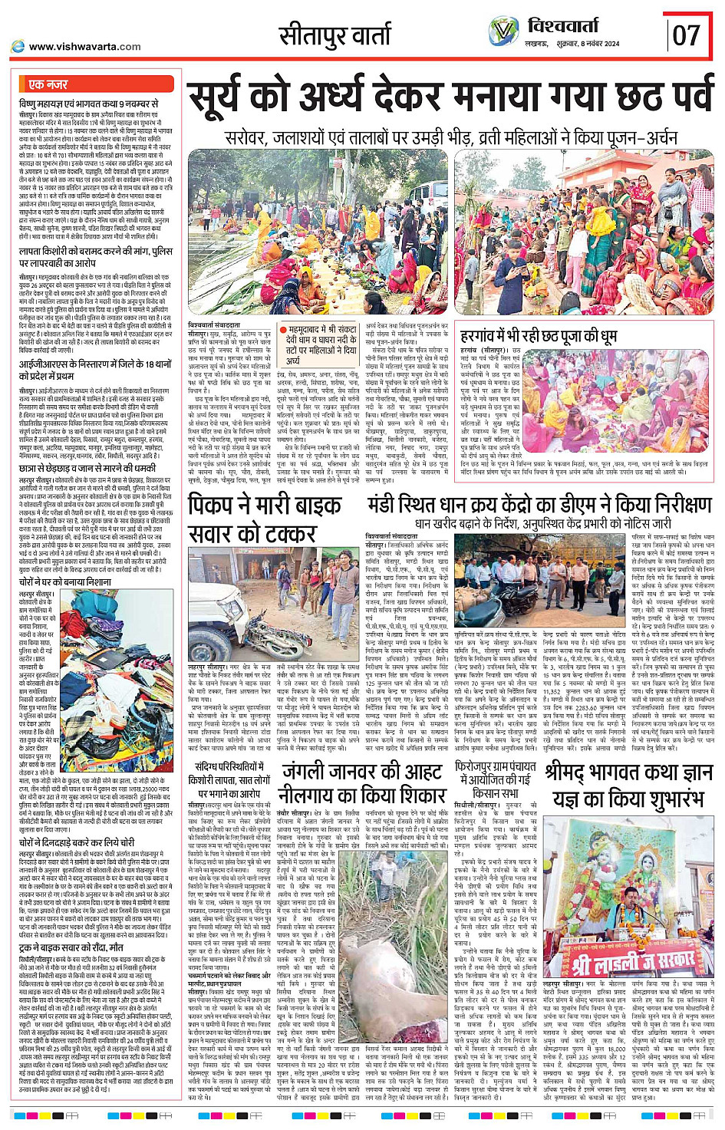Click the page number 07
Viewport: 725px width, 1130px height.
pyautogui.click(x=686, y=35)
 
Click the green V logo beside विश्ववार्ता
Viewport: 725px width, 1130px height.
pyautogui.click(x=504, y=31)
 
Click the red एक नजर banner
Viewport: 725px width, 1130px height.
pyautogui.click(x=48, y=84)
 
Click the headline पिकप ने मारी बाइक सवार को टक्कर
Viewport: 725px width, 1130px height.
pyautogui.click(x=265, y=519)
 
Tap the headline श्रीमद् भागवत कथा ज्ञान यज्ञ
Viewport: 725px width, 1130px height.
pyautogui.click(x=629, y=786)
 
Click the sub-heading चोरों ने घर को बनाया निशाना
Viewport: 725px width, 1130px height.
pyautogui.click(x=64, y=582)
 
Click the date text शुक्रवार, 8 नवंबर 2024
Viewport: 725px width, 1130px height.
pyautogui.click(x=584, y=44)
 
